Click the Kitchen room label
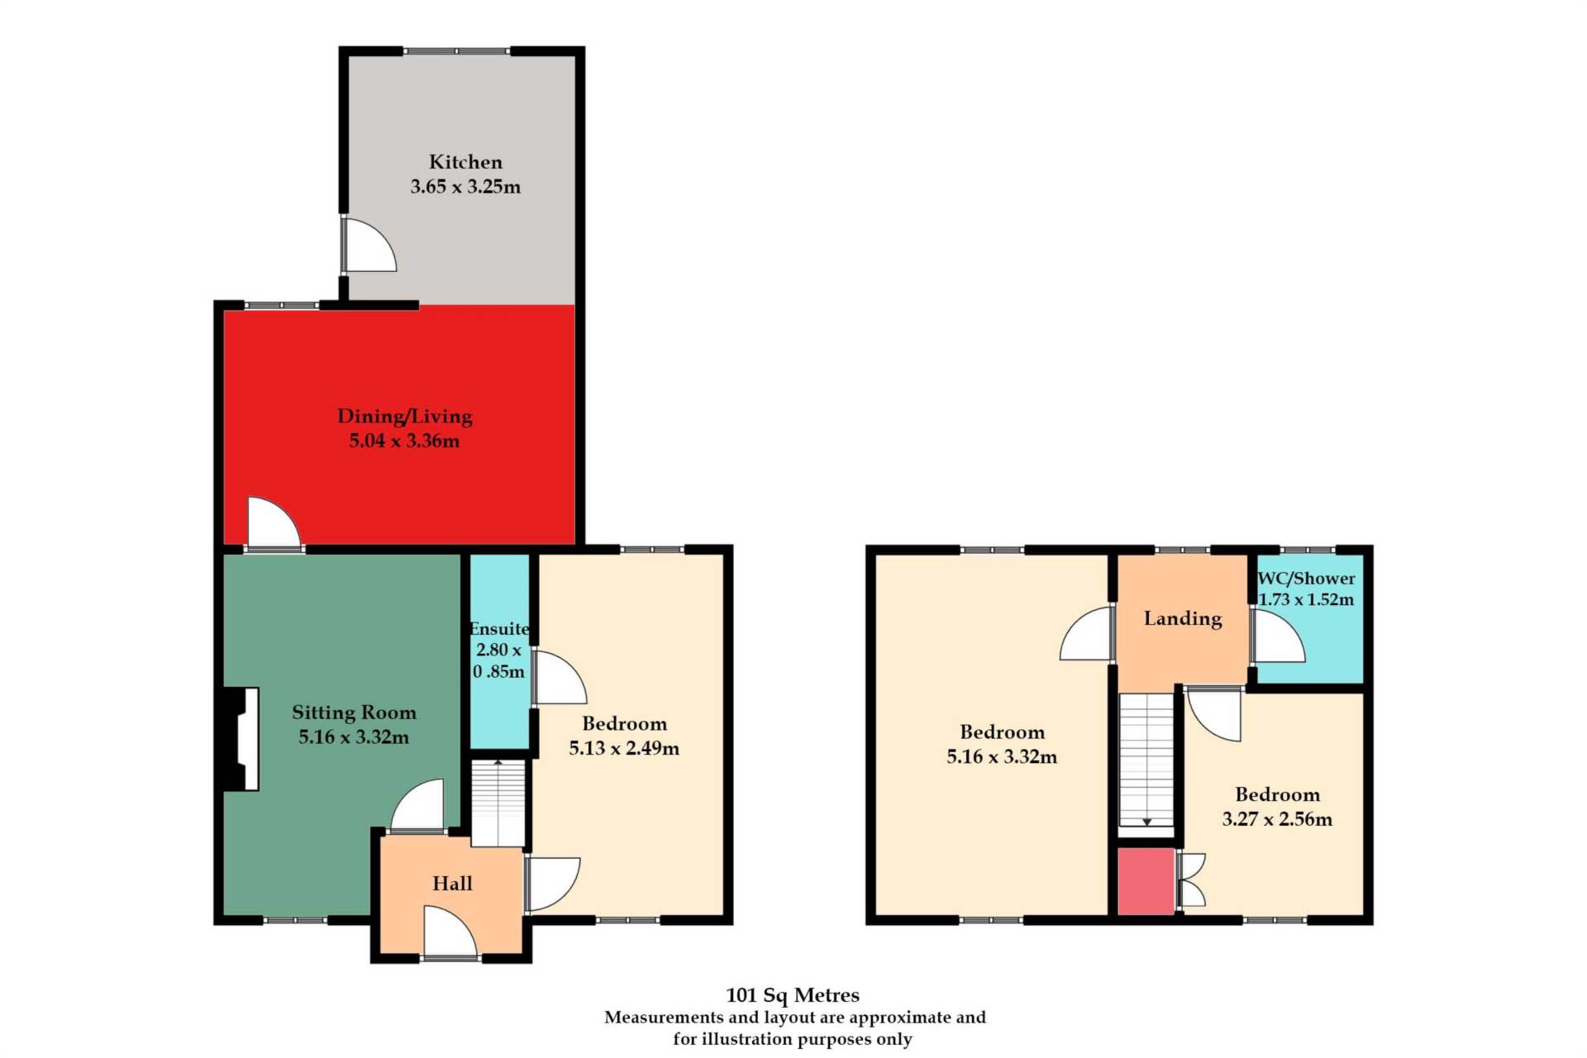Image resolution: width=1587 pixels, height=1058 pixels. click(x=465, y=162)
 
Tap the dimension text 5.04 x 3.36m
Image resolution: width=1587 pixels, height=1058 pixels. click(x=404, y=441)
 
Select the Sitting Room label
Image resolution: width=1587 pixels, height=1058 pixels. click(x=354, y=712)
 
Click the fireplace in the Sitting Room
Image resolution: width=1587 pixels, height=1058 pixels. click(x=241, y=739)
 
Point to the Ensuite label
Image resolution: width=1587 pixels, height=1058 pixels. click(x=499, y=628)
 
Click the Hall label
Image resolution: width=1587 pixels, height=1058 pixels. click(x=452, y=884)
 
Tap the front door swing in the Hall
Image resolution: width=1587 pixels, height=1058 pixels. click(x=450, y=932)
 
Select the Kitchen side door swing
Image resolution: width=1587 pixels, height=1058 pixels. click(x=369, y=245)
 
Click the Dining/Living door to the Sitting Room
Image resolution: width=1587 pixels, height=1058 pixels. click(x=274, y=522)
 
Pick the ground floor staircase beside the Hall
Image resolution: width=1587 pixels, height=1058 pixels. click(x=498, y=803)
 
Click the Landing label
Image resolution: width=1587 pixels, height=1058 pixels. click(x=1183, y=618)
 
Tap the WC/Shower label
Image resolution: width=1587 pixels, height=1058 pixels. click(x=1306, y=579)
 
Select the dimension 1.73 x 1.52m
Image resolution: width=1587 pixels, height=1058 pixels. click(x=1306, y=599)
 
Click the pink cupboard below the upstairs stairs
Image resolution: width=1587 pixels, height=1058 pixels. click(x=1146, y=881)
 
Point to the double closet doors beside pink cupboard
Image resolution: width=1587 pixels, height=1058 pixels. click(x=1191, y=881)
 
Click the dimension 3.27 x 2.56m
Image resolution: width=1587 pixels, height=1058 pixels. click(x=1277, y=819)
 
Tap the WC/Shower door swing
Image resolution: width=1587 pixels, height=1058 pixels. click(x=1279, y=636)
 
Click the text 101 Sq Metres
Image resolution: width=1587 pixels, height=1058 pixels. click(x=793, y=995)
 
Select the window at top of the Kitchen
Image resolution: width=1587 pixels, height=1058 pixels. click(x=457, y=51)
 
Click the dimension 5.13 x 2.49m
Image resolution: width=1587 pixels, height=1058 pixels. click(x=624, y=748)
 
